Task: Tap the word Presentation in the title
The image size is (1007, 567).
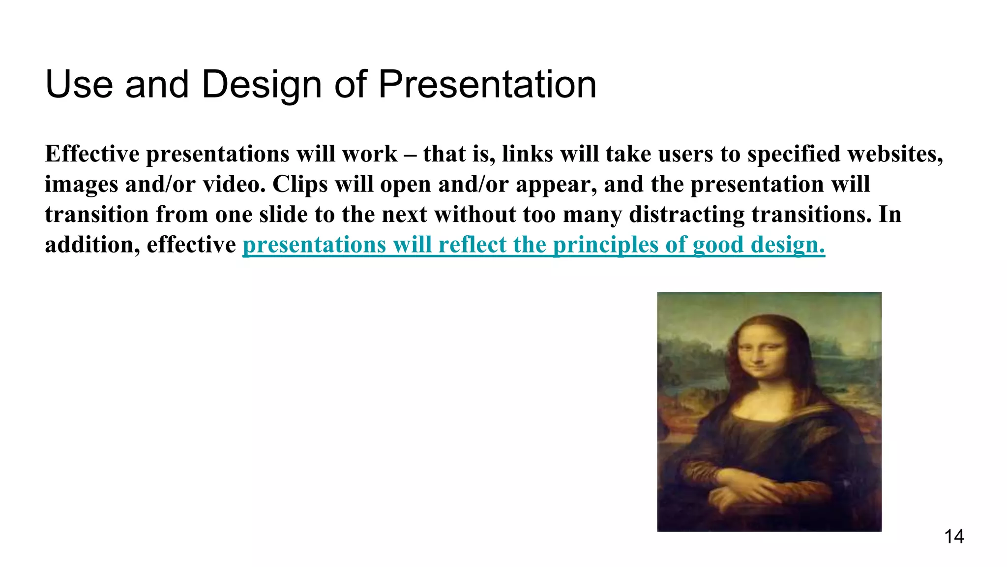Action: [487, 85]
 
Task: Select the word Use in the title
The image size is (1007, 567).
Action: [79, 85]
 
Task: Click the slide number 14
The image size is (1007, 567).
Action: [954, 536]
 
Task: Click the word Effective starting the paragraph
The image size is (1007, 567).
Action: [92, 154]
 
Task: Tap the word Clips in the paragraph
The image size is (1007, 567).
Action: [300, 185]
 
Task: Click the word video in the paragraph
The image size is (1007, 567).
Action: [234, 185]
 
